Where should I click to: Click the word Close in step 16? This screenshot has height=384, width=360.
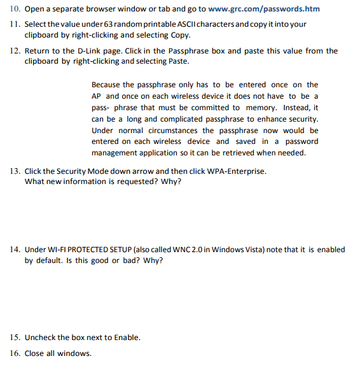(34, 353)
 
